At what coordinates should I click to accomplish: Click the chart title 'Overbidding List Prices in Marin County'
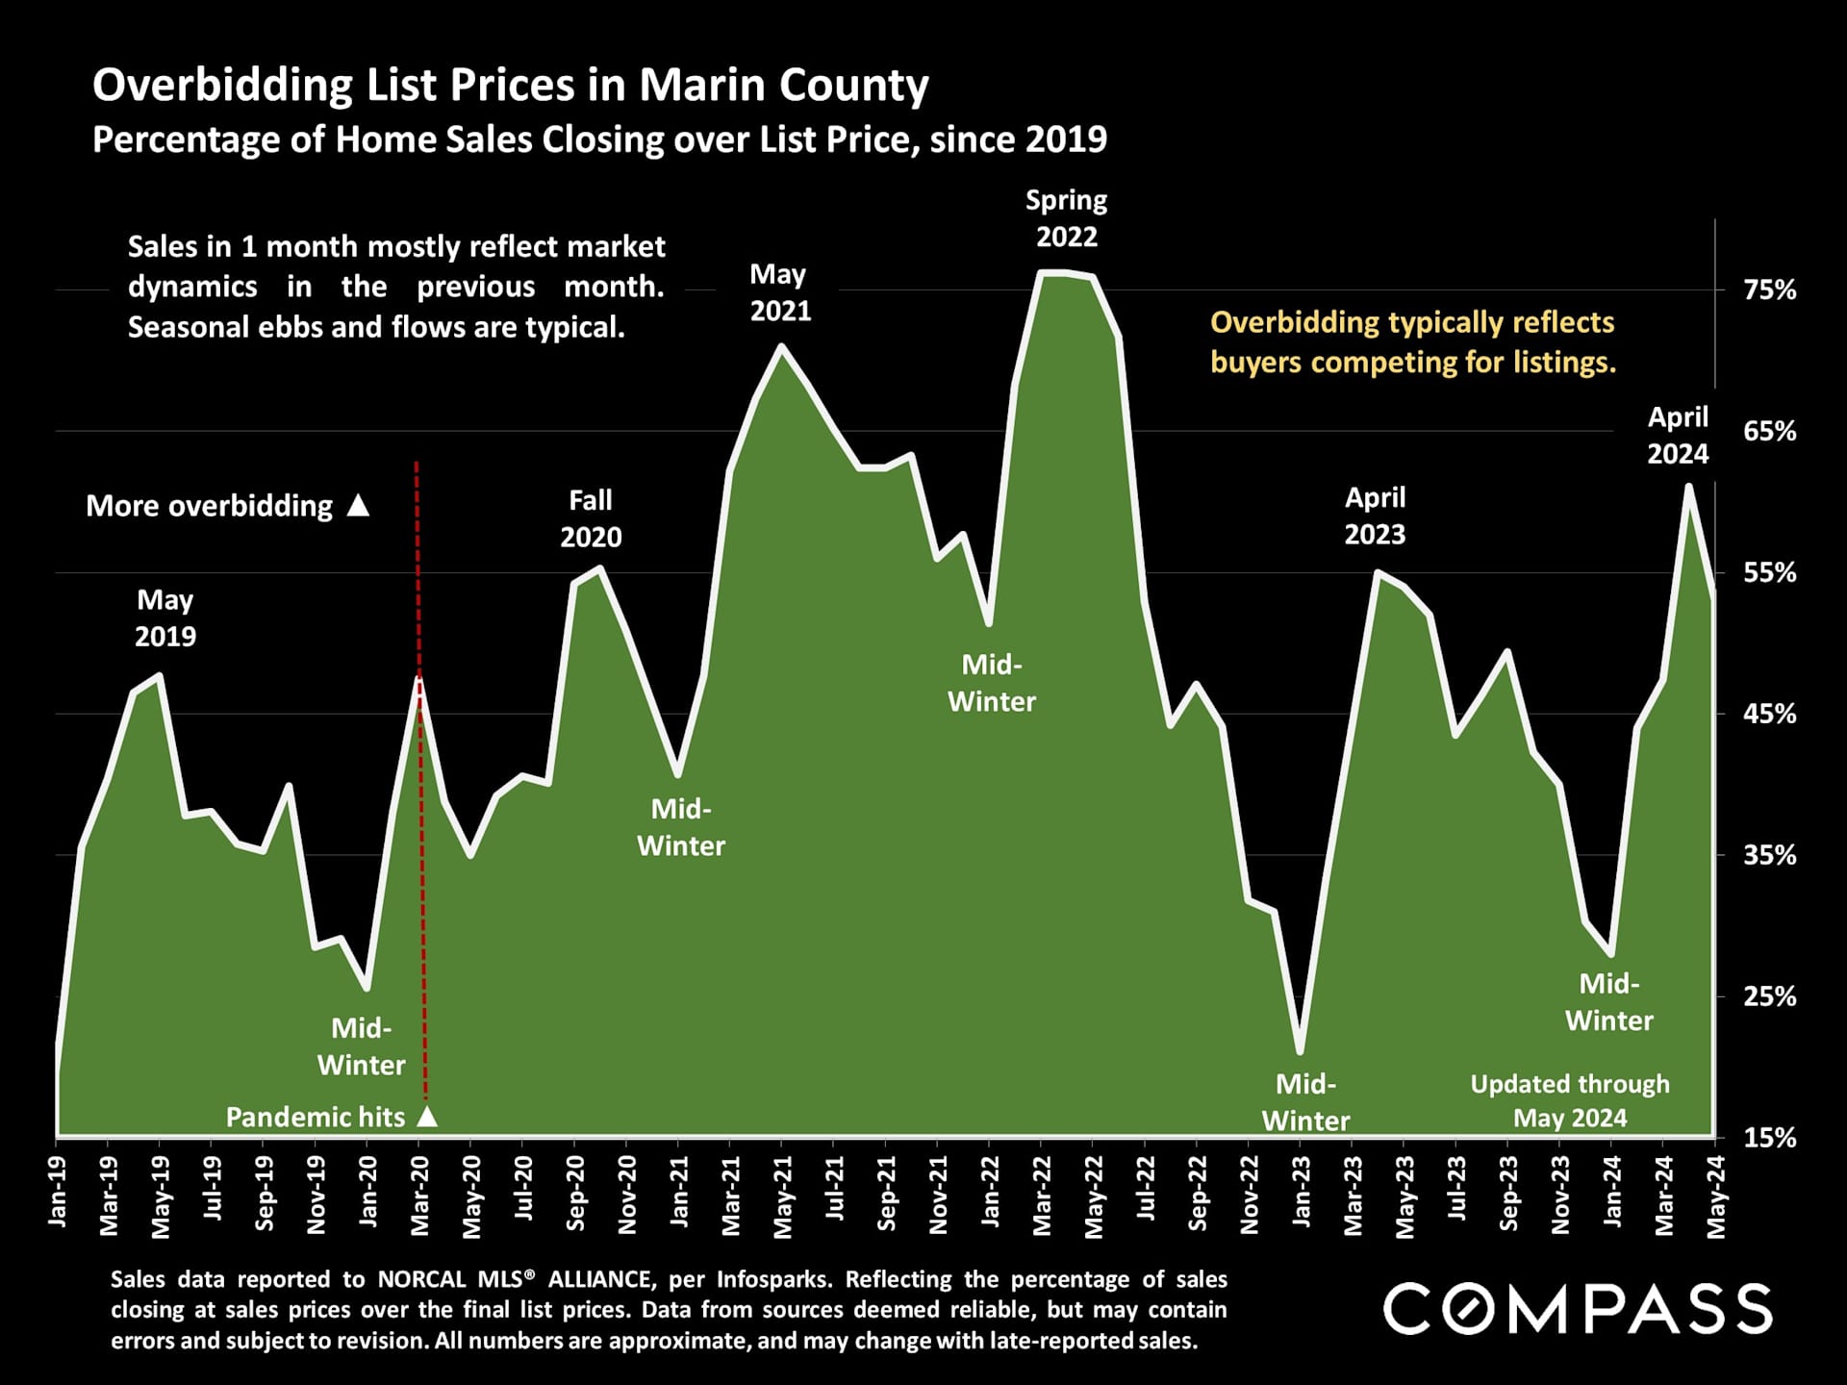pyautogui.click(x=510, y=85)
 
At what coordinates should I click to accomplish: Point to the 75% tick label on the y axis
pyautogui.click(x=1769, y=290)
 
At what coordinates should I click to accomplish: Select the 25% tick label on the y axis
pyautogui.click(x=1769, y=996)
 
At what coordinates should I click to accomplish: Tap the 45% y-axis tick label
pyautogui.click(x=1769, y=715)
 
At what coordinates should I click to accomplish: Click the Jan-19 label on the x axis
pyautogui.click(x=58, y=1192)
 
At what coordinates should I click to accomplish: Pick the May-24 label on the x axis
pyautogui.click(x=1715, y=1196)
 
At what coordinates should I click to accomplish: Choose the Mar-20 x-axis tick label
pyautogui.click(x=419, y=1196)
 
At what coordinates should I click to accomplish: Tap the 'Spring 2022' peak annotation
pyautogui.click(x=1066, y=218)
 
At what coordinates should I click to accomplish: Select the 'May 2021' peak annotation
pyautogui.click(x=780, y=292)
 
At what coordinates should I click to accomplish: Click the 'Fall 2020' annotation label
pyautogui.click(x=591, y=518)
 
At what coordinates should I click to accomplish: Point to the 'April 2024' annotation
pyautogui.click(x=1678, y=435)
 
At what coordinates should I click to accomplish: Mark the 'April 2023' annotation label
pyautogui.click(x=1375, y=516)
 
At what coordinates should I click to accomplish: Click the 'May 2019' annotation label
pyautogui.click(x=165, y=617)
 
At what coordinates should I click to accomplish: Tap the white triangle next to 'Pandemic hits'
pyautogui.click(x=428, y=1117)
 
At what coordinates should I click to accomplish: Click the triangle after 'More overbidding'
pyautogui.click(x=358, y=505)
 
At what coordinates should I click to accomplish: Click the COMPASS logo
pyautogui.click(x=1578, y=1309)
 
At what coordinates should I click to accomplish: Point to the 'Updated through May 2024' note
pyautogui.click(x=1570, y=1100)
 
